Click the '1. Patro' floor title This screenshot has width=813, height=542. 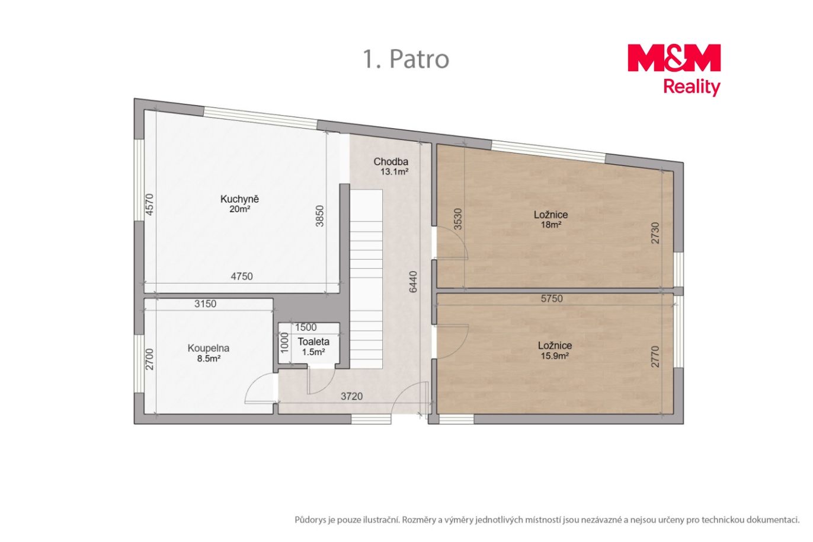[x=406, y=59]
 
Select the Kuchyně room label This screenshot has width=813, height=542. [x=239, y=204]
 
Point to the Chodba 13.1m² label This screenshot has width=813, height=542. [x=391, y=167]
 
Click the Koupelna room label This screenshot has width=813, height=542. [x=209, y=353]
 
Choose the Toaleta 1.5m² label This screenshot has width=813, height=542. [x=313, y=346]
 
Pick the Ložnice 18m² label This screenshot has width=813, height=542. [x=550, y=219]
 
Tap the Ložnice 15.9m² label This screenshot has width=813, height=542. [x=555, y=350]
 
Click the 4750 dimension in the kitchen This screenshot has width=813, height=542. [x=242, y=276]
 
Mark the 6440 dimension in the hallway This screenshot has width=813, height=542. [x=413, y=282]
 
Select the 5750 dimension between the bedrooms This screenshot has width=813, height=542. [x=552, y=299]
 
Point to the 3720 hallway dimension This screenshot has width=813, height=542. [x=352, y=396]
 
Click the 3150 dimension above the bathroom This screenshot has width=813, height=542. [x=205, y=304]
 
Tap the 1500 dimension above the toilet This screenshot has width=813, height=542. [x=306, y=327]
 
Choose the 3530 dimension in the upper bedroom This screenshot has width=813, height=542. [x=458, y=219]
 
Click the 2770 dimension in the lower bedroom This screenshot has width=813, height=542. [x=655, y=356]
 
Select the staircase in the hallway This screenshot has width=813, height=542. [x=366, y=279]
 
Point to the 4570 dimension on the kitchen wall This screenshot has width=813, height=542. [x=149, y=204]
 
